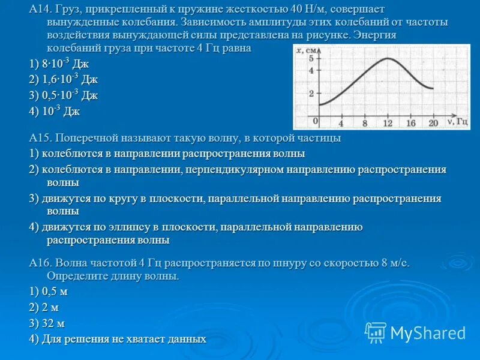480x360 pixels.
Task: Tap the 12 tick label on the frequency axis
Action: [388, 123]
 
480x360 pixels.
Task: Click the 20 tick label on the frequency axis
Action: [433, 123]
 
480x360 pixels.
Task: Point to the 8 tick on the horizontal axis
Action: [365, 123]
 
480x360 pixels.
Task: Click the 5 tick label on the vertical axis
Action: [311, 58]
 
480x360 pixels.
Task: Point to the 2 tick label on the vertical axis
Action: [311, 94]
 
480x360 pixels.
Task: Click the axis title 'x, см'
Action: [306, 50]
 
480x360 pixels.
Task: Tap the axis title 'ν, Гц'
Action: [457, 122]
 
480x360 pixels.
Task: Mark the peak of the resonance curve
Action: [388, 58]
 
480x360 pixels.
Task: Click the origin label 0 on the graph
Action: [315, 121]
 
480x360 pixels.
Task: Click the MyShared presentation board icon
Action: [376, 333]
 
